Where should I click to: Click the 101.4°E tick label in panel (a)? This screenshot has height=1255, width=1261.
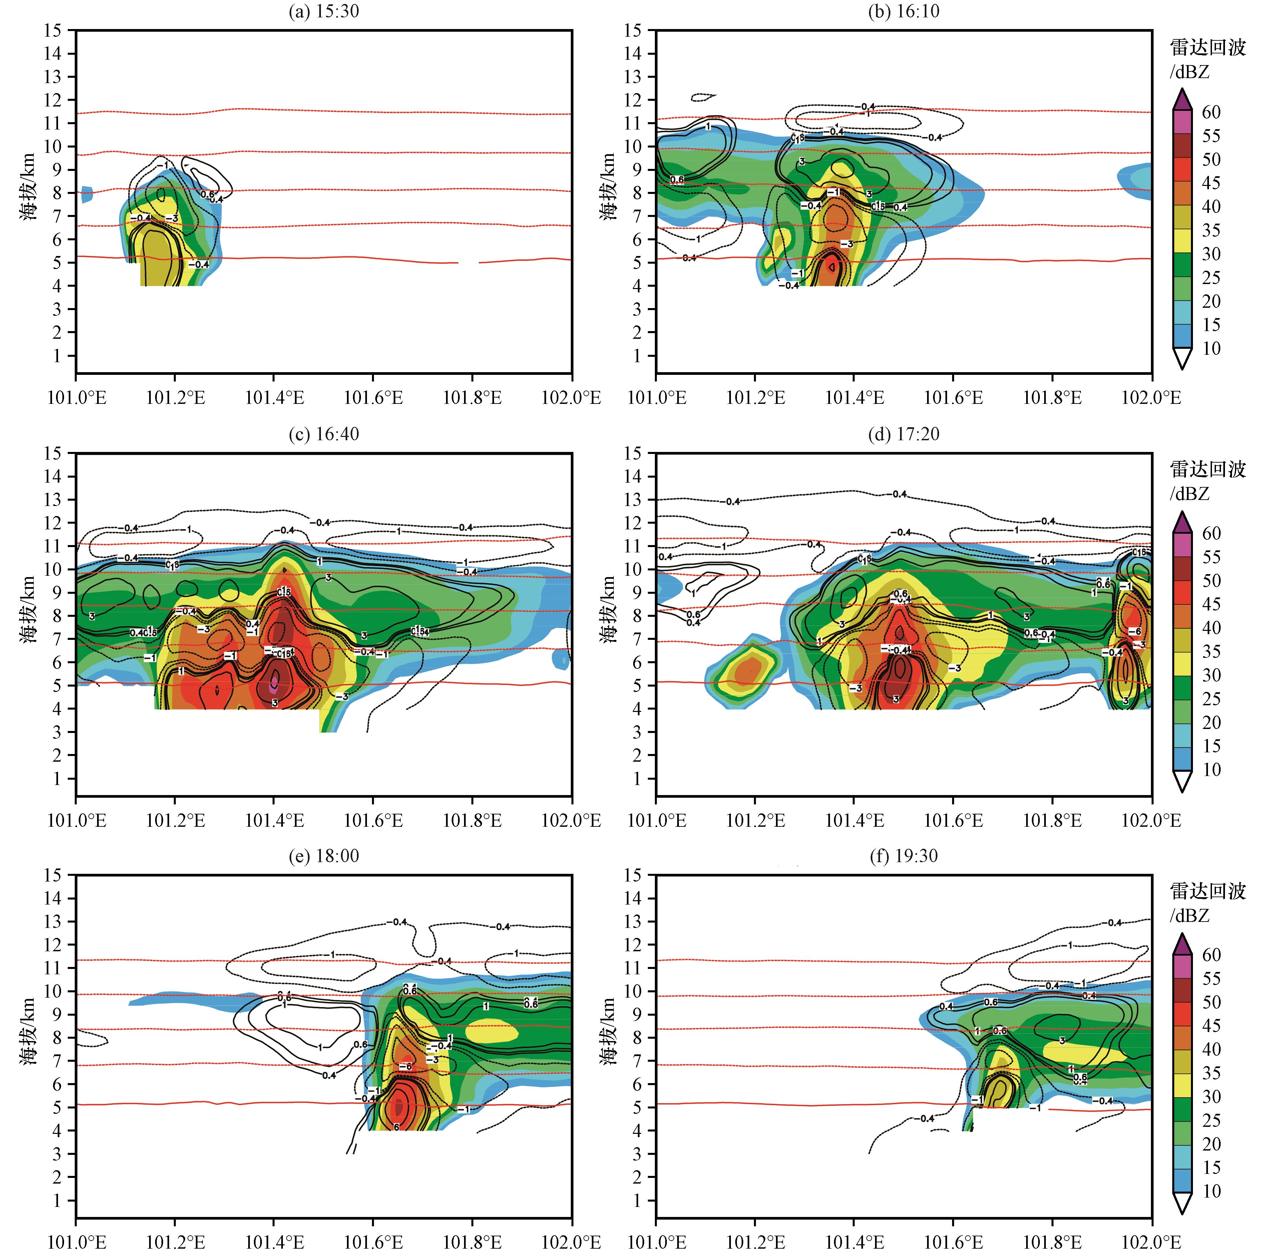tap(274, 397)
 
